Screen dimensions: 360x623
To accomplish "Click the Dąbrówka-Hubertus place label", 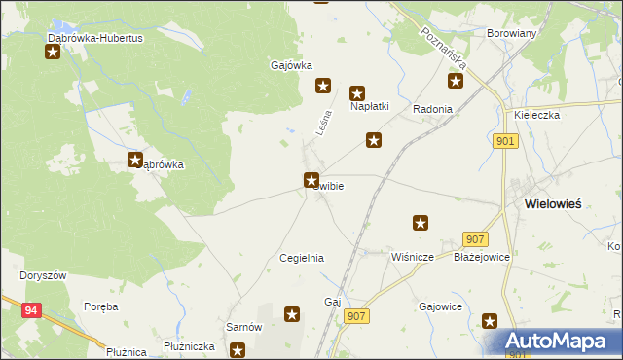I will [95, 37].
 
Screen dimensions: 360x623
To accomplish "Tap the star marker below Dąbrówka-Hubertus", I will [53, 52].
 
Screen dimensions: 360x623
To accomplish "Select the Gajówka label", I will [290, 66].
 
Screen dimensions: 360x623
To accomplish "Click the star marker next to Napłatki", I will [357, 93].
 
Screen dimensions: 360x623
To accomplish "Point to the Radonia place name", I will [432, 109].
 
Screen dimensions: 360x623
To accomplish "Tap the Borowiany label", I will [512, 32].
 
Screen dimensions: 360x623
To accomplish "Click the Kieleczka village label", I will [536, 114].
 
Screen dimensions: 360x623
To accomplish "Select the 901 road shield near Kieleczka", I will [503, 141].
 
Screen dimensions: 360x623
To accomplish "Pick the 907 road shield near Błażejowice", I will [475, 239].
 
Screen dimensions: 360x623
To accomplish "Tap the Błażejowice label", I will [482, 257].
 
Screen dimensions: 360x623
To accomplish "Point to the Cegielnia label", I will [301, 258].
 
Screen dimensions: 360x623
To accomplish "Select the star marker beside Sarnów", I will [292, 313].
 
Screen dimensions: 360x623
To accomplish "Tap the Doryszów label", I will [43, 275].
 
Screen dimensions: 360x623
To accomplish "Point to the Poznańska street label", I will [443, 47].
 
